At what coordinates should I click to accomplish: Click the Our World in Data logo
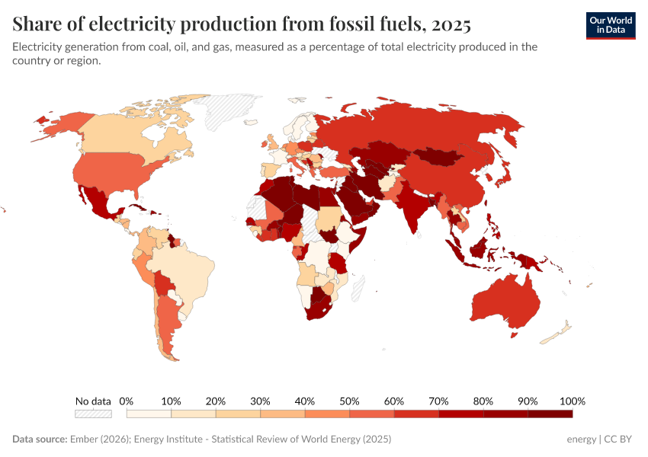tap(610, 24)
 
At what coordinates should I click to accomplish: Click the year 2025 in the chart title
tap(451, 24)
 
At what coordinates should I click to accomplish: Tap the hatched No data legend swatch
tap(93, 414)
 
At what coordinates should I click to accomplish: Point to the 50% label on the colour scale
tap(349, 401)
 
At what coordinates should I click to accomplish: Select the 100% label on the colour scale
tap(572, 401)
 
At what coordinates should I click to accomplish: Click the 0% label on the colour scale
tap(127, 401)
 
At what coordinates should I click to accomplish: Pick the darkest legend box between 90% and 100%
tap(550, 414)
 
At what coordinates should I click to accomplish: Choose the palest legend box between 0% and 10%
tap(149, 414)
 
